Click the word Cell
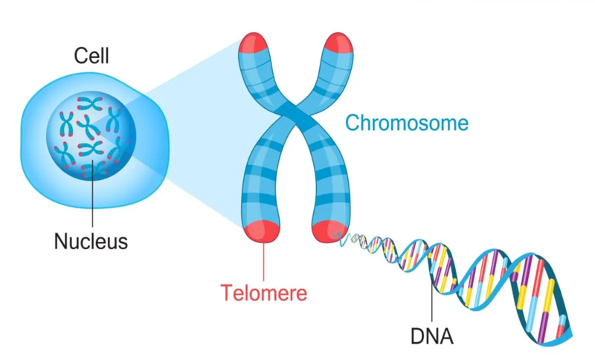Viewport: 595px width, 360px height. pos(91,56)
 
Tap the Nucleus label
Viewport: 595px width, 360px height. pos(91,241)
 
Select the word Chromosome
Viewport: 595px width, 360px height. pos(407,122)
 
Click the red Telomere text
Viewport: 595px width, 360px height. pos(263,292)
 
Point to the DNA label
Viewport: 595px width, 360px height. pos(431,336)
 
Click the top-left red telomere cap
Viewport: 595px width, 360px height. pos(253,45)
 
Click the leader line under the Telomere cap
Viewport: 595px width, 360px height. pos(263,260)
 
